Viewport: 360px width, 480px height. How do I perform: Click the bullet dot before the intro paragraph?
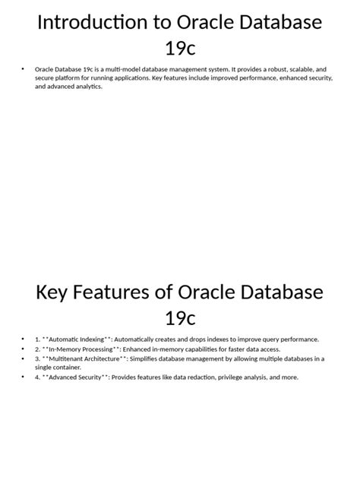pos(25,68)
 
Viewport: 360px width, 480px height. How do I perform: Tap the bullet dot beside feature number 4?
pos(25,377)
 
